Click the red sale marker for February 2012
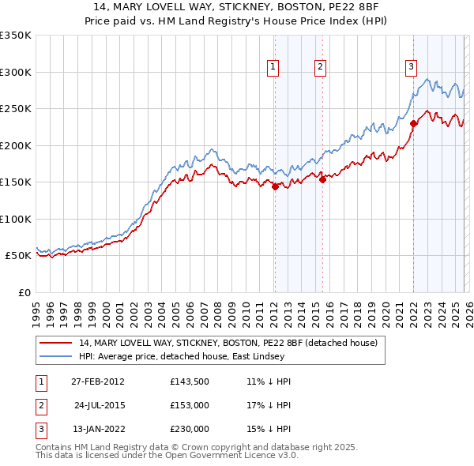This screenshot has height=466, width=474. [x=275, y=187]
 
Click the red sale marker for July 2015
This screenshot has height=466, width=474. [x=322, y=180]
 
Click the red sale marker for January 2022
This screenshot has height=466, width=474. [x=413, y=122]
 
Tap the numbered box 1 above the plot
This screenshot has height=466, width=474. [x=273, y=68]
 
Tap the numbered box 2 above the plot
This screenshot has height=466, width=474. [x=321, y=68]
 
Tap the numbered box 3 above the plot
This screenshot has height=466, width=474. [x=411, y=68]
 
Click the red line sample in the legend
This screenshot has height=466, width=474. [x=56, y=343]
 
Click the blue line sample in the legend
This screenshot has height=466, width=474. [x=56, y=356]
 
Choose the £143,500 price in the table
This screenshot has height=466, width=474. [x=189, y=381]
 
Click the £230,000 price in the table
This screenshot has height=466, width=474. [x=189, y=429]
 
